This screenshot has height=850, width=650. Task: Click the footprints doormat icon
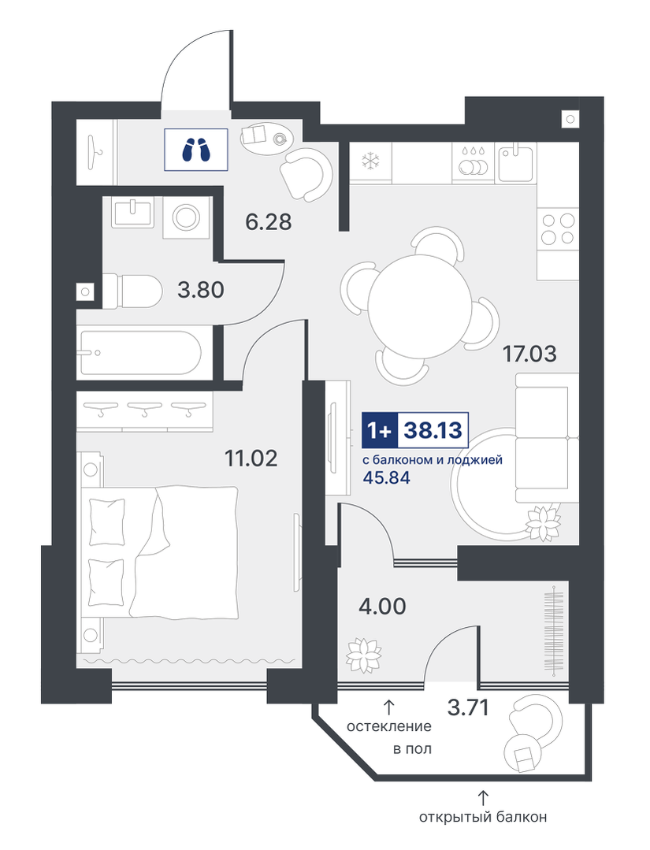[195, 150]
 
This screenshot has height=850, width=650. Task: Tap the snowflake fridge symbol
[371, 161]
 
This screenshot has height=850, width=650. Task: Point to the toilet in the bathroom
[132, 291]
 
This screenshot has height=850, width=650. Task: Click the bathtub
[141, 352]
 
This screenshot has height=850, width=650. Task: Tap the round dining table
[420, 305]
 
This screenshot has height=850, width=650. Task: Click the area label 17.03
[529, 354]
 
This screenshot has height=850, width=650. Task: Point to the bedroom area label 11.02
[251, 458]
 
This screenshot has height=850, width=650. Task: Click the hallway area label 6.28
[269, 221]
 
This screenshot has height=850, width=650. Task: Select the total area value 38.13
[433, 430]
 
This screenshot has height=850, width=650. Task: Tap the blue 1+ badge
[380, 430]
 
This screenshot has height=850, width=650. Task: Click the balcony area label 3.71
[468, 707]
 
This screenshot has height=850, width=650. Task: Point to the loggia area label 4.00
[382, 606]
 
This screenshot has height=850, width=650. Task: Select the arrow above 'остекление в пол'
[388, 707]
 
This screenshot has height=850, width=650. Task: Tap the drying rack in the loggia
[554, 632]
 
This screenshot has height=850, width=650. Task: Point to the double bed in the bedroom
[160, 551]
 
